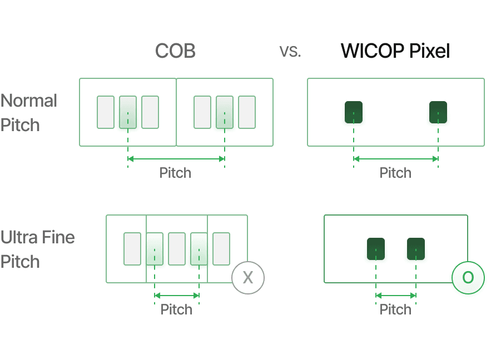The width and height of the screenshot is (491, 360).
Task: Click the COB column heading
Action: coord(176,52)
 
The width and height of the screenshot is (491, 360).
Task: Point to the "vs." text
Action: coord(290,52)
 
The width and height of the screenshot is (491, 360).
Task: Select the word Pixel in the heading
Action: coord(429,52)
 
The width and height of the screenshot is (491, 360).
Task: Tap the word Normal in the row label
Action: coord(29,101)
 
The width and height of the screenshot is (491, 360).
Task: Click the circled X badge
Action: coord(248,277)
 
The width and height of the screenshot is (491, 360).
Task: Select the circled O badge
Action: coord(468,277)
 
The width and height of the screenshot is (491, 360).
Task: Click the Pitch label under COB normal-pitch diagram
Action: coord(176,173)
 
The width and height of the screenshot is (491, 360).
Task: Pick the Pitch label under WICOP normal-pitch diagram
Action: coord(395,173)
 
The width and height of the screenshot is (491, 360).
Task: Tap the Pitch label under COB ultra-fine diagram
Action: coord(176,309)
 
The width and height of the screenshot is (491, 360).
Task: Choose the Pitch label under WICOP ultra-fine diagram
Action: coord(395,309)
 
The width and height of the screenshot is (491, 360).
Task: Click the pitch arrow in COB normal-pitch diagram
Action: coord(176,159)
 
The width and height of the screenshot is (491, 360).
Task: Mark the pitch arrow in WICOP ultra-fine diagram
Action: coord(396,296)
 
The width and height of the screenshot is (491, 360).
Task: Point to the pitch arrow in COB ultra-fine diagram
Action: coord(177,296)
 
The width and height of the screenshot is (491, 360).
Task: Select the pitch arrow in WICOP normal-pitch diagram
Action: coord(396,159)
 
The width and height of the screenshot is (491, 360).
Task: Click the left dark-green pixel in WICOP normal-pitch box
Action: coord(353,113)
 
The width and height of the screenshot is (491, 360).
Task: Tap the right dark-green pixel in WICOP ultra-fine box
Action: coord(415,249)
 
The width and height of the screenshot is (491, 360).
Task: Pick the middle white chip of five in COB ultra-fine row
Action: coord(177,249)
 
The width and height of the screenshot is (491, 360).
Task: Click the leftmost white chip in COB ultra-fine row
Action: coord(132,249)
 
